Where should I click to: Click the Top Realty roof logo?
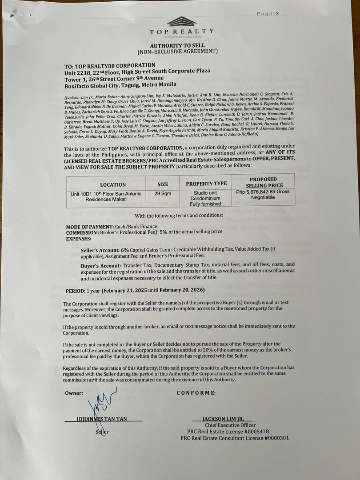[x=181, y=21]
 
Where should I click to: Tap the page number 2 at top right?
[x=277, y=14]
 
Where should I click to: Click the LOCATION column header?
[x=113, y=184]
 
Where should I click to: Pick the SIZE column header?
[x=163, y=184]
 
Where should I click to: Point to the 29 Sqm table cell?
[x=163, y=194]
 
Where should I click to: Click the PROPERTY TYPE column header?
[x=206, y=183]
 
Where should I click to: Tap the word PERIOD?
[x=74, y=290]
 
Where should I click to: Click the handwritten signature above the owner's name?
[x=101, y=404]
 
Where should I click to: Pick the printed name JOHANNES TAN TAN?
[x=104, y=419]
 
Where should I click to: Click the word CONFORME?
[x=196, y=393]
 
